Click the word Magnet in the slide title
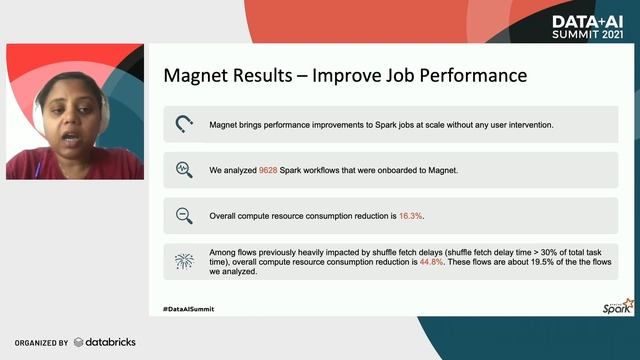tap(195, 76)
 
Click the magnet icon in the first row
tap(184, 125)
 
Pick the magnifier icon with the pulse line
tap(184, 170)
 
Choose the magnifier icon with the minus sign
tap(184, 215)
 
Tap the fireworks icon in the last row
tap(184, 262)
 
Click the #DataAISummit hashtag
tap(188, 309)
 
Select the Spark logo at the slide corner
tap(620, 307)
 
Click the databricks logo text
tap(109, 342)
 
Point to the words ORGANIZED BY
tap(41, 342)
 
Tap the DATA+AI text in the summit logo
tap(587, 20)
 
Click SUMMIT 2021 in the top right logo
tap(587, 34)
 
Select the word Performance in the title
tap(469, 76)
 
